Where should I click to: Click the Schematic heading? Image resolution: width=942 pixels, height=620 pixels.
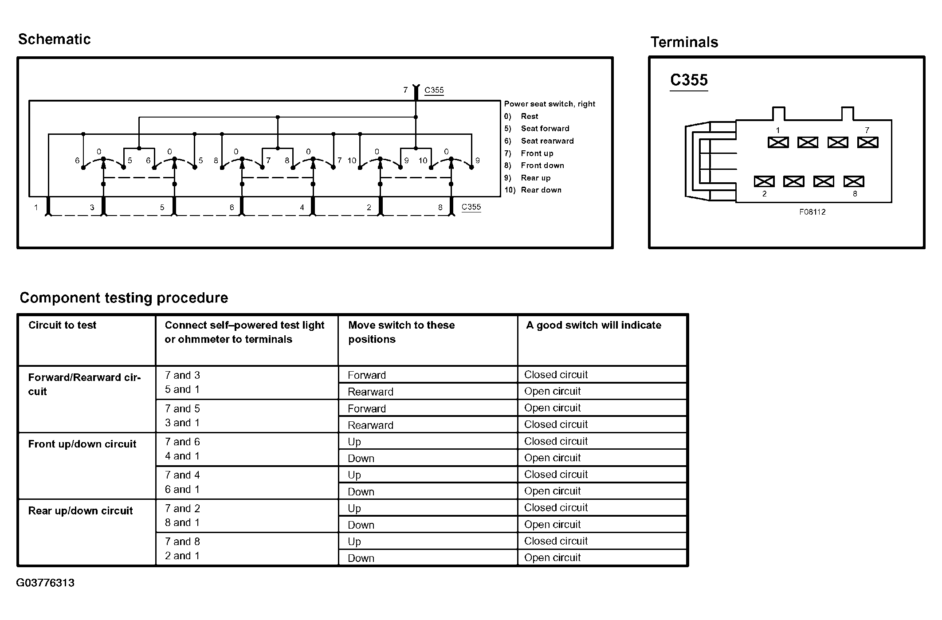coord(54,39)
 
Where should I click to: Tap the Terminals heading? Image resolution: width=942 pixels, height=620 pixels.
coord(684,42)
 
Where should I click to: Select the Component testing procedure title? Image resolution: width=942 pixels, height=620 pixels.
coord(124,298)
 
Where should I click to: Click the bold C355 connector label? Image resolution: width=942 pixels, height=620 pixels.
coord(689,80)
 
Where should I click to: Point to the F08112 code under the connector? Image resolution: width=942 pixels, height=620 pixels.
coord(812,212)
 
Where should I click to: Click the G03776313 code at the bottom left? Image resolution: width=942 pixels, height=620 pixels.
coord(45,583)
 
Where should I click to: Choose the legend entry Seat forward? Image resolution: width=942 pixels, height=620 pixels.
coord(545,129)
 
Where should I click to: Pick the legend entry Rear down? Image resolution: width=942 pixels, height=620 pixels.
coord(541,190)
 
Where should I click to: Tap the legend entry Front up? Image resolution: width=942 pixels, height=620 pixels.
coord(537,153)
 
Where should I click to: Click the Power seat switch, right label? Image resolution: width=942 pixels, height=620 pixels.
coord(549,104)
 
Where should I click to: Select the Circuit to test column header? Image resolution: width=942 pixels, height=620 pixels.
coord(62,325)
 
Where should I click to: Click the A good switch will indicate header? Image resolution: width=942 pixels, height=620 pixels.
coord(593,325)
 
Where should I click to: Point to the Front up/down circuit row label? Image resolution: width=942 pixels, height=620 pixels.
coord(82,444)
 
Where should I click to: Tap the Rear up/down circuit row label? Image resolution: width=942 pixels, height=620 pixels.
coord(80,510)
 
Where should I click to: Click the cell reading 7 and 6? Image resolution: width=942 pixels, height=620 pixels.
coord(182,442)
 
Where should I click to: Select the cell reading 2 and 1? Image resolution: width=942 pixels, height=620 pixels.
coord(182,556)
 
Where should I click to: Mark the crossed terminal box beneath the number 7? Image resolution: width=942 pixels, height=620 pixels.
coord(867,142)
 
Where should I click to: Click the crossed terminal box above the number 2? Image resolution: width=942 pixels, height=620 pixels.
coord(764,181)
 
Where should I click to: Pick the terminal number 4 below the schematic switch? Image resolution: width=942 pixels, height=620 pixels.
coord(302,208)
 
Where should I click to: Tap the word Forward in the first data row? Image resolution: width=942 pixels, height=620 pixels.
coord(367,375)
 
